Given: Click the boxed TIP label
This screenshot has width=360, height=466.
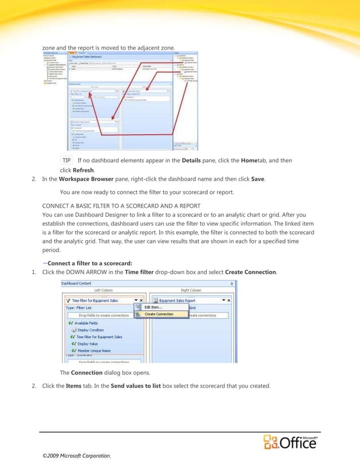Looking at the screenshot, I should click(67, 161).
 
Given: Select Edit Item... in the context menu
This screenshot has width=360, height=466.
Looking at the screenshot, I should click(153, 307).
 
